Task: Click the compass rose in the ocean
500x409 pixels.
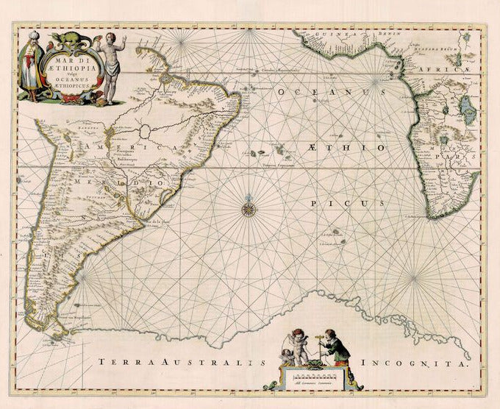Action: pos(249,208)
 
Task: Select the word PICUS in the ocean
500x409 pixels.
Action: pos(337,202)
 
